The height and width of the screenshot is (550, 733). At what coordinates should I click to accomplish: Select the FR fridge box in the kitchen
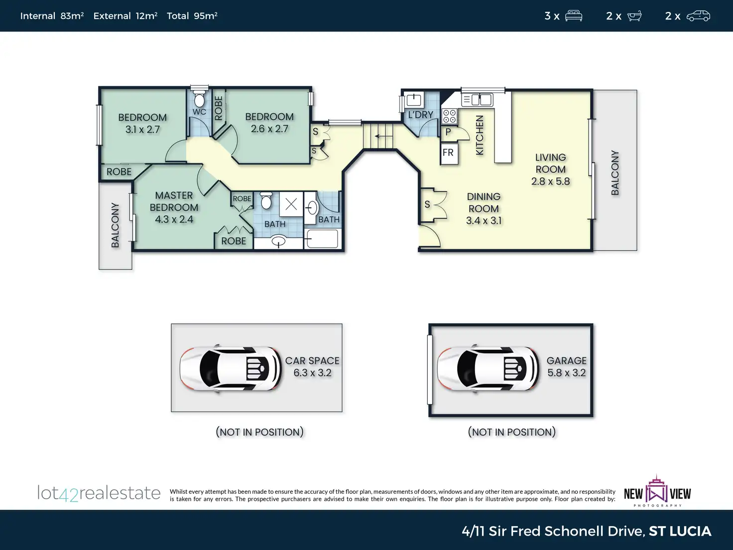(x=449, y=153)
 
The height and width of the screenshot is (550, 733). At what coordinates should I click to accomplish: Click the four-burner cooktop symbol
(x=450, y=117)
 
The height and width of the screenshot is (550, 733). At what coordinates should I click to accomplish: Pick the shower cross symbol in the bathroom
(x=291, y=204)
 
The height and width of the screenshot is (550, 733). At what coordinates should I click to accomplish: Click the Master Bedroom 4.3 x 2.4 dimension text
(x=174, y=219)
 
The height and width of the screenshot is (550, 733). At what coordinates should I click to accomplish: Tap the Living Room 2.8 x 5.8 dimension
(x=550, y=181)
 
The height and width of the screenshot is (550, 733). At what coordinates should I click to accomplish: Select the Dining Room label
(x=484, y=203)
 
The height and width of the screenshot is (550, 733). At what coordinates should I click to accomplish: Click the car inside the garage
(x=488, y=369)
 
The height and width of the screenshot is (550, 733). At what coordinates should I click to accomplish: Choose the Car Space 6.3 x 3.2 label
(x=312, y=367)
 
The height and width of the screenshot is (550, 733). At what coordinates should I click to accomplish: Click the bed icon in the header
(x=573, y=16)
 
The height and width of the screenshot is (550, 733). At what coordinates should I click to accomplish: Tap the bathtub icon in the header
(x=634, y=16)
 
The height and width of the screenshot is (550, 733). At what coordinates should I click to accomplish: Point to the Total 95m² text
(x=192, y=16)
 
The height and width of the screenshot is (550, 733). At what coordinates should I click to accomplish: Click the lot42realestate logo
(x=99, y=493)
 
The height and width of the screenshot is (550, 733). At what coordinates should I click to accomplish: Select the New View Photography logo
(x=657, y=491)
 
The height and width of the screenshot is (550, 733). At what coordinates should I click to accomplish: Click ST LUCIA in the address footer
(x=680, y=531)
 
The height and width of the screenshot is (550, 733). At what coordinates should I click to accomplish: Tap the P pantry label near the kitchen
(x=448, y=132)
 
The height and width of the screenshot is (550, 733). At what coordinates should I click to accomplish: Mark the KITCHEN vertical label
(x=480, y=135)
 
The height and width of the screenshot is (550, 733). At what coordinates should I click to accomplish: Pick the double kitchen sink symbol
(x=478, y=100)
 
